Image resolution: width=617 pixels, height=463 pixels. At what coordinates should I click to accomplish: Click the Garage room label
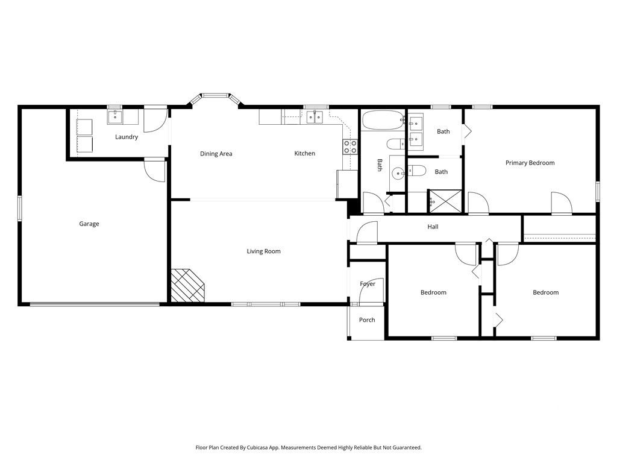[89, 224]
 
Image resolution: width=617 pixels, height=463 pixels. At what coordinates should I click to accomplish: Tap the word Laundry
[127, 137]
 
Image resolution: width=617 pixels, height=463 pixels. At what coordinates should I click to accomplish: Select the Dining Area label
[216, 154]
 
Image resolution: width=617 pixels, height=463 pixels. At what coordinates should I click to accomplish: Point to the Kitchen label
[304, 154]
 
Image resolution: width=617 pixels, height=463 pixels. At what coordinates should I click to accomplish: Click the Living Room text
[263, 251]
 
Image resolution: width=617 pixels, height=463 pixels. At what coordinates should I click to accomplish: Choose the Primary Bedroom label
[530, 163]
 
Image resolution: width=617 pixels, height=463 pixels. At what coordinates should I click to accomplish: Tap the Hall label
[433, 227]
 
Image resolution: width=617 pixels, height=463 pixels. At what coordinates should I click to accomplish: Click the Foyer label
[368, 284]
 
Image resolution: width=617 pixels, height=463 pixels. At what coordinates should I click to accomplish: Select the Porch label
[367, 320]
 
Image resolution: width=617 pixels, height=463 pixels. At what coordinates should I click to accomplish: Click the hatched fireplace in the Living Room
[188, 285]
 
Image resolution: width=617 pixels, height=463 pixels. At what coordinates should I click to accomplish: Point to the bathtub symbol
[383, 121]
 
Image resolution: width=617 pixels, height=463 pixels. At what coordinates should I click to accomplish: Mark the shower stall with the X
[445, 201]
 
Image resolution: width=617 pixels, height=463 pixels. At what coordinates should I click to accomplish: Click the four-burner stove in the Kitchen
[350, 146]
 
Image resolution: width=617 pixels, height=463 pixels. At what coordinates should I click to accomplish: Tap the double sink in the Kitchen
[313, 117]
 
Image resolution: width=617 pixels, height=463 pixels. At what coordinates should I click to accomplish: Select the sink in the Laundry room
[114, 116]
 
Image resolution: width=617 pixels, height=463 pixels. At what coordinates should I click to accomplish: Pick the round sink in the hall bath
[398, 174]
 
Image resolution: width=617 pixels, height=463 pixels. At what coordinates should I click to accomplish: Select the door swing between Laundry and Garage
[155, 171]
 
